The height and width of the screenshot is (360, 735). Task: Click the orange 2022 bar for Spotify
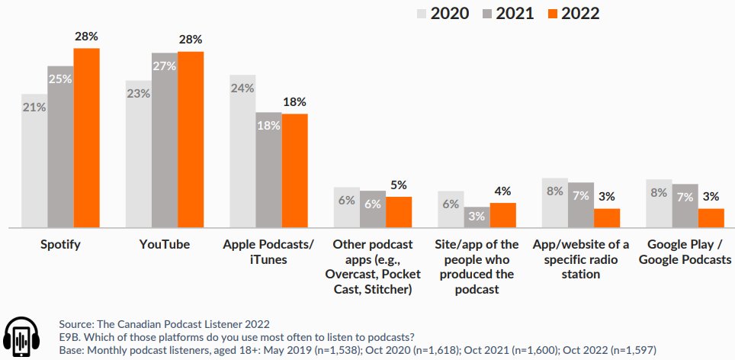click(x=86, y=138)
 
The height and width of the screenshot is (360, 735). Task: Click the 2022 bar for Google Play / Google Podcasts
click(x=711, y=218)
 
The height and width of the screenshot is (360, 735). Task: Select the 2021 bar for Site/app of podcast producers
click(x=477, y=217)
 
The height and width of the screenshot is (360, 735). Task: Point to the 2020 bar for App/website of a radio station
click(x=554, y=203)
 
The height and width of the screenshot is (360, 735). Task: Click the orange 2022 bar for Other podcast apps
click(x=398, y=212)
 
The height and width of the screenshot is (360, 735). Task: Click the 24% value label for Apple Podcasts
click(x=242, y=88)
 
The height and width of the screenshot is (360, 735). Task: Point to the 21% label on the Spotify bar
click(x=34, y=108)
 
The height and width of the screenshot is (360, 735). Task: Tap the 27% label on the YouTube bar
click(x=164, y=66)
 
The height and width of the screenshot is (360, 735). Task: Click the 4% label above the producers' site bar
click(x=502, y=191)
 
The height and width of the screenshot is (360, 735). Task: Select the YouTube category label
click(x=164, y=245)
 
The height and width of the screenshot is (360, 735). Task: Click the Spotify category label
click(x=60, y=245)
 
